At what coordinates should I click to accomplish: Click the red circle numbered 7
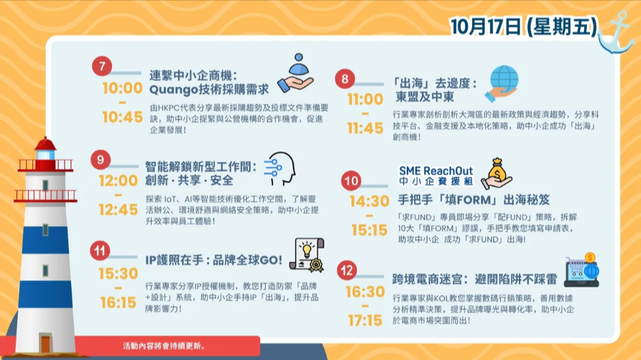click(x=102, y=66)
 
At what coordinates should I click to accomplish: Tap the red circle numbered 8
click(x=345, y=78)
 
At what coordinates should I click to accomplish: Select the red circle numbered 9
click(x=101, y=160)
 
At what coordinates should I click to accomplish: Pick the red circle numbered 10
click(x=351, y=180)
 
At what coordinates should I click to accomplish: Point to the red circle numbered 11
click(x=100, y=251)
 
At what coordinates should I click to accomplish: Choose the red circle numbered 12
click(x=346, y=270)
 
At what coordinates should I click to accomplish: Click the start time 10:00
click(x=122, y=88)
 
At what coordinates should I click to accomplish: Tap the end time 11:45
click(x=365, y=129)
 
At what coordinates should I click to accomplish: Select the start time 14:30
click(x=369, y=201)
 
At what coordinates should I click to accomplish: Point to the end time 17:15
click(x=365, y=320)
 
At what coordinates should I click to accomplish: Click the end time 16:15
click(x=118, y=303)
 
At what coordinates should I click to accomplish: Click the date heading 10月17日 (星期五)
click(x=524, y=27)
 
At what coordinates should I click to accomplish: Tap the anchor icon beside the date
click(x=616, y=33)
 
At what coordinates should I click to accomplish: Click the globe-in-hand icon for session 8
click(x=502, y=83)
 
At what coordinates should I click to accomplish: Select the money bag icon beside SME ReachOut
click(x=497, y=173)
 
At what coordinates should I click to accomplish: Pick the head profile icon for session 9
click(x=280, y=169)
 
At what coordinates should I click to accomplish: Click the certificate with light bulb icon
click(x=307, y=255)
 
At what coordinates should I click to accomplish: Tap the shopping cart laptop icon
click(x=582, y=269)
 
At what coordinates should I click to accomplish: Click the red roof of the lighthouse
click(x=45, y=144)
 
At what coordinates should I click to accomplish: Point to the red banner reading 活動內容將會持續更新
click(x=164, y=346)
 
